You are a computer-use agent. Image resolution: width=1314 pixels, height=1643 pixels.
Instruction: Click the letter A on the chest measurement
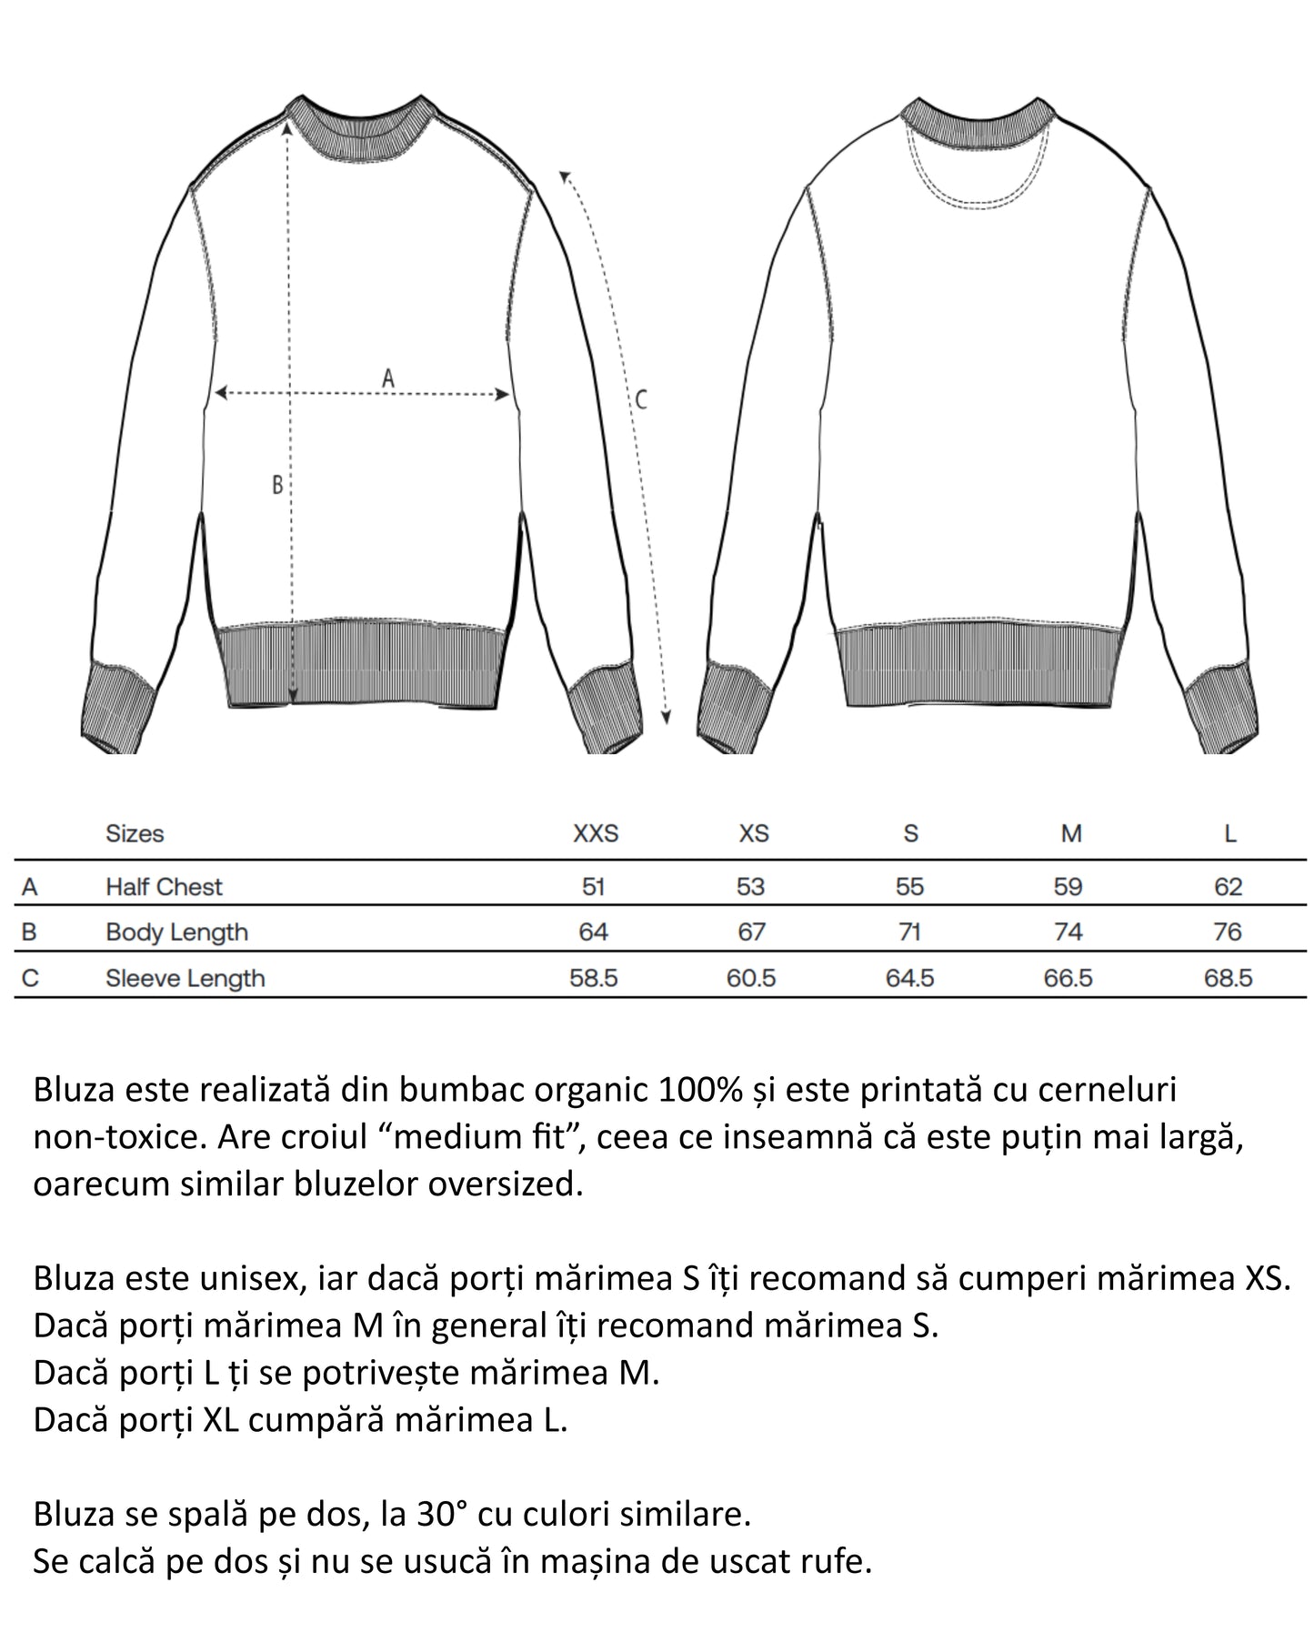[388, 378]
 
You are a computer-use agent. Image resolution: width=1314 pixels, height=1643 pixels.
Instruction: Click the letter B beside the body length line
[277, 485]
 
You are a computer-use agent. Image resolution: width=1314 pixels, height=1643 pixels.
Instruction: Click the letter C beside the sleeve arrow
[641, 399]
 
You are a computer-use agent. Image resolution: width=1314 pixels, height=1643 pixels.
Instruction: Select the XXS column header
[595, 833]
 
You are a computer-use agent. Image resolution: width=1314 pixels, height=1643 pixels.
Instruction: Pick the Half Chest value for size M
[1068, 886]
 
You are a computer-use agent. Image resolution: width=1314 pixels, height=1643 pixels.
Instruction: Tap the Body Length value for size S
[909, 932]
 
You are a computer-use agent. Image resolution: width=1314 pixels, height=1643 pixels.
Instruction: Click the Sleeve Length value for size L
[1228, 978]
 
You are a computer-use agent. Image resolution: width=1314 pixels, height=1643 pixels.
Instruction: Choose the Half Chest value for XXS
[593, 886]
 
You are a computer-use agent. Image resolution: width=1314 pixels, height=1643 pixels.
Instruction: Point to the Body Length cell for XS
[751, 932]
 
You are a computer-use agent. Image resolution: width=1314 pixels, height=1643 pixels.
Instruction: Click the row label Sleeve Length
[185, 978]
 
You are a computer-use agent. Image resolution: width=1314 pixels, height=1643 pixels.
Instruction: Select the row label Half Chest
[164, 886]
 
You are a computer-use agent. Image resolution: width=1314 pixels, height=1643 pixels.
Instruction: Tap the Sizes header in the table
[135, 833]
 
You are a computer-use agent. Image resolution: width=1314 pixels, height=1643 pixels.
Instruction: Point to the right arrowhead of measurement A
[501, 394]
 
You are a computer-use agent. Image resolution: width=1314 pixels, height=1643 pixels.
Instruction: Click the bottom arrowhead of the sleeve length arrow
[666, 718]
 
